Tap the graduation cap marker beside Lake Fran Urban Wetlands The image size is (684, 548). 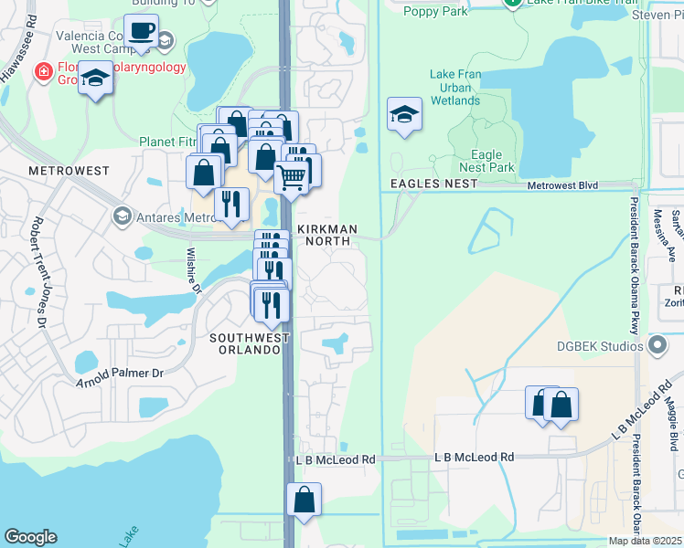tap(404, 115)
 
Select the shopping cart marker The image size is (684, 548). tap(291, 177)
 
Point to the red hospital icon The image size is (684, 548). tap(41, 72)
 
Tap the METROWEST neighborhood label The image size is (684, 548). tap(69, 171)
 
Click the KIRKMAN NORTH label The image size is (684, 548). tap(325, 236)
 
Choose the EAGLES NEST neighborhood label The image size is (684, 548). tap(433, 184)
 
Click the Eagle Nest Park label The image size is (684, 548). tap(493, 162)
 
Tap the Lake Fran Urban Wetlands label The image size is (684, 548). tap(454, 88)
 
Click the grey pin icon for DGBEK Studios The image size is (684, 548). tap(656, 345)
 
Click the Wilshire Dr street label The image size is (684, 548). tap(193, 271)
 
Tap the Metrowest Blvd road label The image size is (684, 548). tap(562, 185)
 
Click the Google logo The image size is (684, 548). tap(30, 537)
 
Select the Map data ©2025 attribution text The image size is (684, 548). tap(646, 541)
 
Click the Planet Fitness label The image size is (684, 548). tap(168, 142)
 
